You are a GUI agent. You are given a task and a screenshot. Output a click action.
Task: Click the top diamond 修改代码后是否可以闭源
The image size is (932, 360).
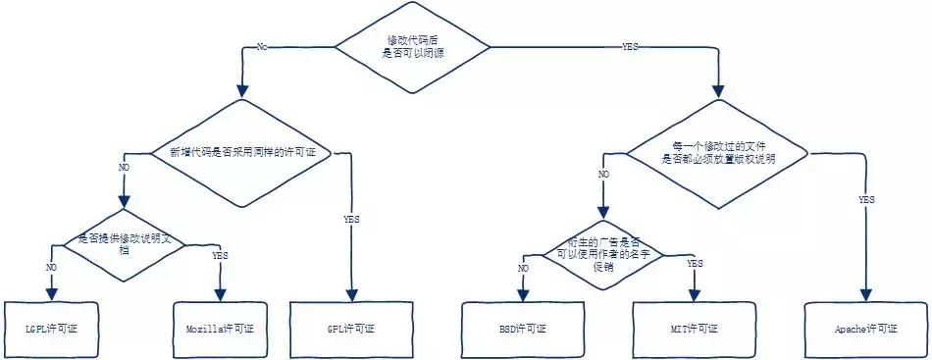tap(412, 44)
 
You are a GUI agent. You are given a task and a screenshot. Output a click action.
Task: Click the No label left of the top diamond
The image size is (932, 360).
tap(262, 45)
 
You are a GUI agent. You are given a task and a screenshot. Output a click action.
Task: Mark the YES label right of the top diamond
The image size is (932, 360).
tap(630, 45)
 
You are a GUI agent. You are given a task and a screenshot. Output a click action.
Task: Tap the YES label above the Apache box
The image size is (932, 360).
tap(866, 199)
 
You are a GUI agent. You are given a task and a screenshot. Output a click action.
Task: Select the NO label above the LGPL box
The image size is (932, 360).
tap(51, 265)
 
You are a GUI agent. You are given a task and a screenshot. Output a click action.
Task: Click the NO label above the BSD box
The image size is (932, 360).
tap(523, 267)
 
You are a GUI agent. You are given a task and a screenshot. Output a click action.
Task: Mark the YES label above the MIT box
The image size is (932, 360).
tap(695, 263)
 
